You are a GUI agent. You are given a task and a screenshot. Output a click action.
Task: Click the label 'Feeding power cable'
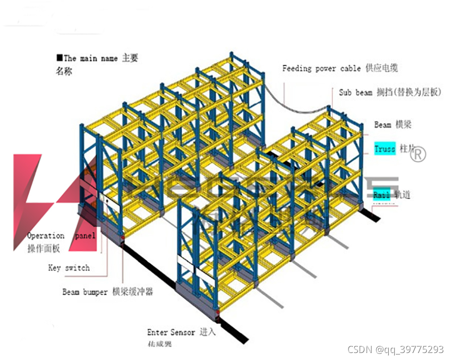pyautogui.click(x=321, y=68)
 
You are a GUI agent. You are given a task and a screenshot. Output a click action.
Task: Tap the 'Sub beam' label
pyautogui.click(x=355, y=92)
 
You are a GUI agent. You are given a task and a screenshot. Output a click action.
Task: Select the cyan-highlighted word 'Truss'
pyautogui.click(x=385, y=149)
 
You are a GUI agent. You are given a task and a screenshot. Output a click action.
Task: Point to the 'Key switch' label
pyautogui.click(x=69, y=268)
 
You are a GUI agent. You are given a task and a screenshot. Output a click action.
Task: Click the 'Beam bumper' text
pyautogui.click(x=85, y=291)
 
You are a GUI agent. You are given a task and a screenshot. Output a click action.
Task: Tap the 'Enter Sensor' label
pyautogui.click(x=171, y=332)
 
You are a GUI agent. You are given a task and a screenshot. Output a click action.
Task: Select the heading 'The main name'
pyautogui.click(x=91, y=59)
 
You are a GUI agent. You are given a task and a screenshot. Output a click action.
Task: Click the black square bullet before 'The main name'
pyautogui.click(x=60, y=58)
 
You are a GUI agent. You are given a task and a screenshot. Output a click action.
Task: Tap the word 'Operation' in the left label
pyautogui.click(x=46, y=235)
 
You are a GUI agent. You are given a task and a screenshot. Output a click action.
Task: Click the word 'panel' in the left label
pyautogui.click(x=85, y=235)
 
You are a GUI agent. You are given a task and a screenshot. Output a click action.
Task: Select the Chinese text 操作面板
pyautogui.click(x=44, y=247)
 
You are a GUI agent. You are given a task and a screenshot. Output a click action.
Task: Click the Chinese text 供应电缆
pyautogui.click(x=382, y=68)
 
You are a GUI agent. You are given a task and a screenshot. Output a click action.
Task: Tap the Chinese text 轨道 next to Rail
pyautogui.click(x=403, y=195)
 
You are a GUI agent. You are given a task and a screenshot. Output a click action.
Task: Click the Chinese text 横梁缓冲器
pyautogui.click(x=133, y=291)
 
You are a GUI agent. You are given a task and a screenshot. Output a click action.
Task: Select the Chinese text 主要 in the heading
pyautogui.click(x=130, y=59)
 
